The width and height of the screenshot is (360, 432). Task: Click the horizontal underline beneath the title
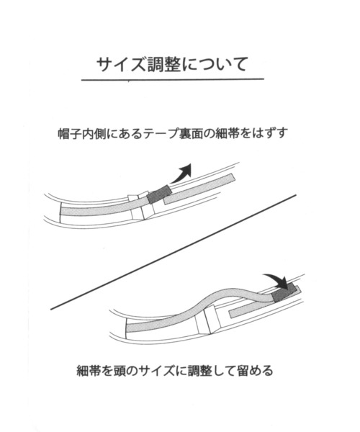coord(173,80)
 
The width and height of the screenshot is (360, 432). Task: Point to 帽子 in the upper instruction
coord(70,134)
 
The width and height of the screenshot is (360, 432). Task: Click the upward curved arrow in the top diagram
coord(181,173)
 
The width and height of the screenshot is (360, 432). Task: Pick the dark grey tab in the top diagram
coord(159,194)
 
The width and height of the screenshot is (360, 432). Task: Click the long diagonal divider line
coord(174,252)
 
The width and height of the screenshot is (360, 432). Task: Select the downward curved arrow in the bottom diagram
coord(278,279)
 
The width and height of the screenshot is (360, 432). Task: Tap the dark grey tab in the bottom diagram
coord(284,294)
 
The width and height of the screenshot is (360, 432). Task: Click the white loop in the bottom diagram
coord(207,320)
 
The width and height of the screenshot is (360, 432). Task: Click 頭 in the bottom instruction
coord(121,371)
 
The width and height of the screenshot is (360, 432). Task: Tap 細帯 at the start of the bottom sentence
coord(88,371)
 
